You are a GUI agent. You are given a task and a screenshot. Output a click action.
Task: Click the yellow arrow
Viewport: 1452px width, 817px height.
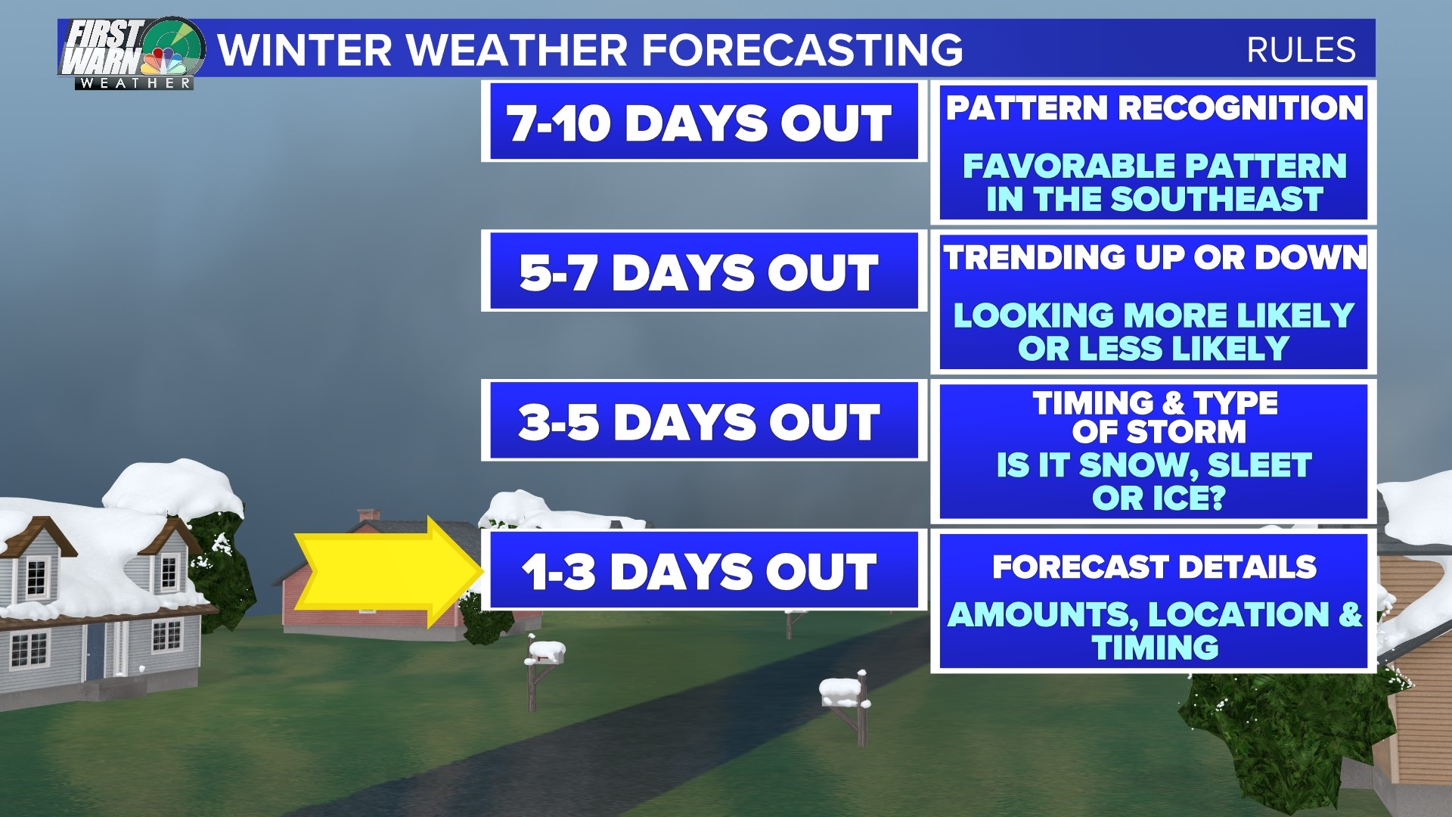pos(386,572)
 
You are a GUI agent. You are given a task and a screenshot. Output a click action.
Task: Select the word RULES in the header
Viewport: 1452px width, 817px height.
pos(1301,50)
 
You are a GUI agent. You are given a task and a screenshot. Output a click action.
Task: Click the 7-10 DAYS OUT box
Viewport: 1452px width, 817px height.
pos(700,122)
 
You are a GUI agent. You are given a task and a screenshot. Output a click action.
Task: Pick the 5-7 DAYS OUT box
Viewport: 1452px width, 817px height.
pos(700,272)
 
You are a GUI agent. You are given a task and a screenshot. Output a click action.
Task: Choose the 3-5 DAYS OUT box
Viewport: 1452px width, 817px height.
pos(700,421)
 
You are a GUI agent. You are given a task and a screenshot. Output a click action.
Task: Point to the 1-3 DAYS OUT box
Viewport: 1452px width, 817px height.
pos(700,571)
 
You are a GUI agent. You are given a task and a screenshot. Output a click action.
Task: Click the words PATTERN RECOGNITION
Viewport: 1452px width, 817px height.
pos(1154,108)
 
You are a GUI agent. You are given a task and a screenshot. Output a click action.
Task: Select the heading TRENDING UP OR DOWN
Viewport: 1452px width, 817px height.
pos(1154,258)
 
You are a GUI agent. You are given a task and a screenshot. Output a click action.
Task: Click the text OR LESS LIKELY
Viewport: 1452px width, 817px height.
pos(1154,349)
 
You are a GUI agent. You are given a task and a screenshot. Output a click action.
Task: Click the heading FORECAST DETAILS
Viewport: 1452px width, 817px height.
pos(1154,567)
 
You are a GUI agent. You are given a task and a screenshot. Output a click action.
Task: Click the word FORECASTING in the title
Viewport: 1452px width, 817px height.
pos(802,50)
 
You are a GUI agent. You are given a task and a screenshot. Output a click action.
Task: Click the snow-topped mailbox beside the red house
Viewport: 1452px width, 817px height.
pos(545,653)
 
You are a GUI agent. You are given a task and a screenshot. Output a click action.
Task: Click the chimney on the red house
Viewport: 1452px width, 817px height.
pos(369,515)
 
